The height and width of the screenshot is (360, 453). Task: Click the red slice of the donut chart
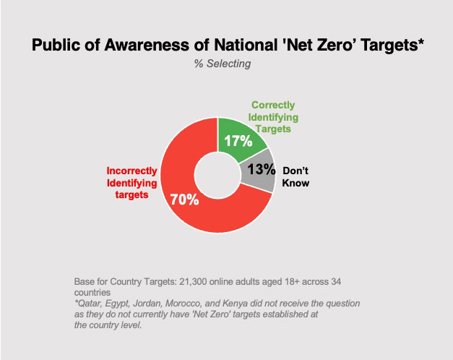[181, 210]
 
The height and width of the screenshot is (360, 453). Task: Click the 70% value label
[184, 200]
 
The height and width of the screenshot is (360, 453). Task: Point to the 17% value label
[238, 141]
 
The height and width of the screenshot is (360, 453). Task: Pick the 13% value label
[261, 169]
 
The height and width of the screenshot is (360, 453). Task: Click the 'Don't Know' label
[295, 177]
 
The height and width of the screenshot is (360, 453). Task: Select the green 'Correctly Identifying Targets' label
[274, 117]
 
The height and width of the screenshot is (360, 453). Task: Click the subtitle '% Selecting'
[222, 64]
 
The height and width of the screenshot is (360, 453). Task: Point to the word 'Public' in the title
[55, 46]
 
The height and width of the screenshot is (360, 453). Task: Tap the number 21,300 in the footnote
[185, 280]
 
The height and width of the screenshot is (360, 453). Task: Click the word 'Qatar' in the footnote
[89, 304]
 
